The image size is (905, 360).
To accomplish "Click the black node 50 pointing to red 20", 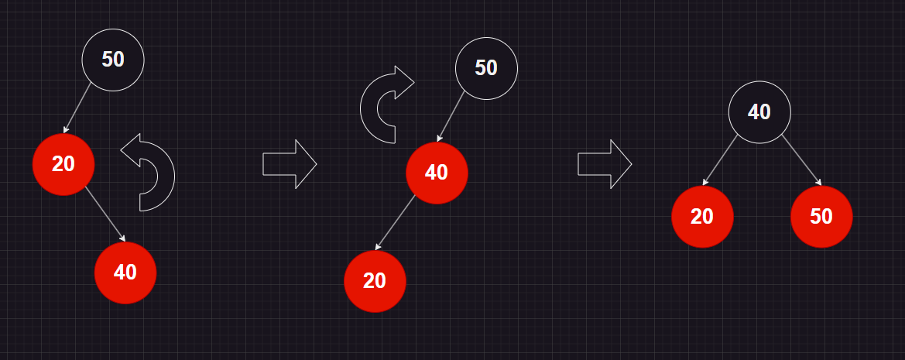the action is click(x=113, y=60).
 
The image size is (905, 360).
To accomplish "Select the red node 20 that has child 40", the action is click(x=63, y=164).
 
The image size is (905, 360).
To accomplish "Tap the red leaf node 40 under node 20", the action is click(x=125, y=273).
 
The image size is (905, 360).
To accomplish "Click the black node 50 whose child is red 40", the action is click(x=486, y=68).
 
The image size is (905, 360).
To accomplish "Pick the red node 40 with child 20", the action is click(x=437, y=173).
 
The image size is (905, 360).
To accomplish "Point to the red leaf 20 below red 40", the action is click(x=375, y=281).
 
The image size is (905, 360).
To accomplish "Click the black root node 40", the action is click(x=759, y=112).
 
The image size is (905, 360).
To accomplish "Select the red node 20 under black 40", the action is click(x=702, y=217).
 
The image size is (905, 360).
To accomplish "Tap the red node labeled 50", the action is click(x=821, y=217).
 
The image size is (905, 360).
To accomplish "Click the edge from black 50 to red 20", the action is click(x=77, y=108).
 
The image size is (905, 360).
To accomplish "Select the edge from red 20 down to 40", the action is click(x=105, y=214).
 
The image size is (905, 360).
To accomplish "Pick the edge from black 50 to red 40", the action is click(x=451, y=117).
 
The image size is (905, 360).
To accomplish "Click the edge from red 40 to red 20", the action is click(x=396, y=223).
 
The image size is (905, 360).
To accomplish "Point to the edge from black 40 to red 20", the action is click(x=721, y=160).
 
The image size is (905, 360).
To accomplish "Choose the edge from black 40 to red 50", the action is click(x=801, y=160).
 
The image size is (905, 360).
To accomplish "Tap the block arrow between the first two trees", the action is click(x=290, y=164).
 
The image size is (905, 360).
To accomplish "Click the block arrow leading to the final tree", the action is click(x=605, y=164).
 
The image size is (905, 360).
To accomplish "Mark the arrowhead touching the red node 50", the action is click(x=818, y=183).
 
